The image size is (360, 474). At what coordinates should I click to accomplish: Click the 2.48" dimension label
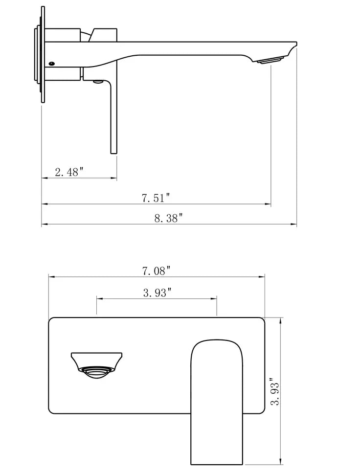(69, 172)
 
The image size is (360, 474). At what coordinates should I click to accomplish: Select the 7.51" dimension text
(156, 198)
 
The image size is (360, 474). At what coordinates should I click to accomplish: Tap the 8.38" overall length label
(168, 218)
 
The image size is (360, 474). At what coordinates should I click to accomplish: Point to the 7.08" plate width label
(156, 270)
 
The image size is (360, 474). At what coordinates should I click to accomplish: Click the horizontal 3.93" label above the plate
(157, 293)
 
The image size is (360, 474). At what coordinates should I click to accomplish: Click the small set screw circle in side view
(52, 63)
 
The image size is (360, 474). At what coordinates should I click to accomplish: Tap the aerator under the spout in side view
(270, 61)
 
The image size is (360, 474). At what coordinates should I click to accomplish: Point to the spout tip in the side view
(294, 45)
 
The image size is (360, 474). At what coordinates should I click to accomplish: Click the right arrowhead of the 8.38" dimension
(294, 225)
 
